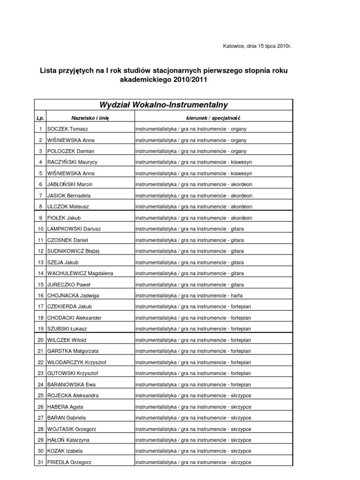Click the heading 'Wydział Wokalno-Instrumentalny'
point(164,105)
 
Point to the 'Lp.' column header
point(40,118)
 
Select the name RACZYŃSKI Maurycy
point(72,162)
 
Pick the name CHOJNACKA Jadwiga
point(73,296)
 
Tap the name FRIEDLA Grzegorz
point(69,462)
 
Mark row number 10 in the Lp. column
point(40,229)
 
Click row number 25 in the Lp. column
point(40,396)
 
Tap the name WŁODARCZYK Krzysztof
point(76,362)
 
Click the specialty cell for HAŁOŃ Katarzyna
point(193,440)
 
